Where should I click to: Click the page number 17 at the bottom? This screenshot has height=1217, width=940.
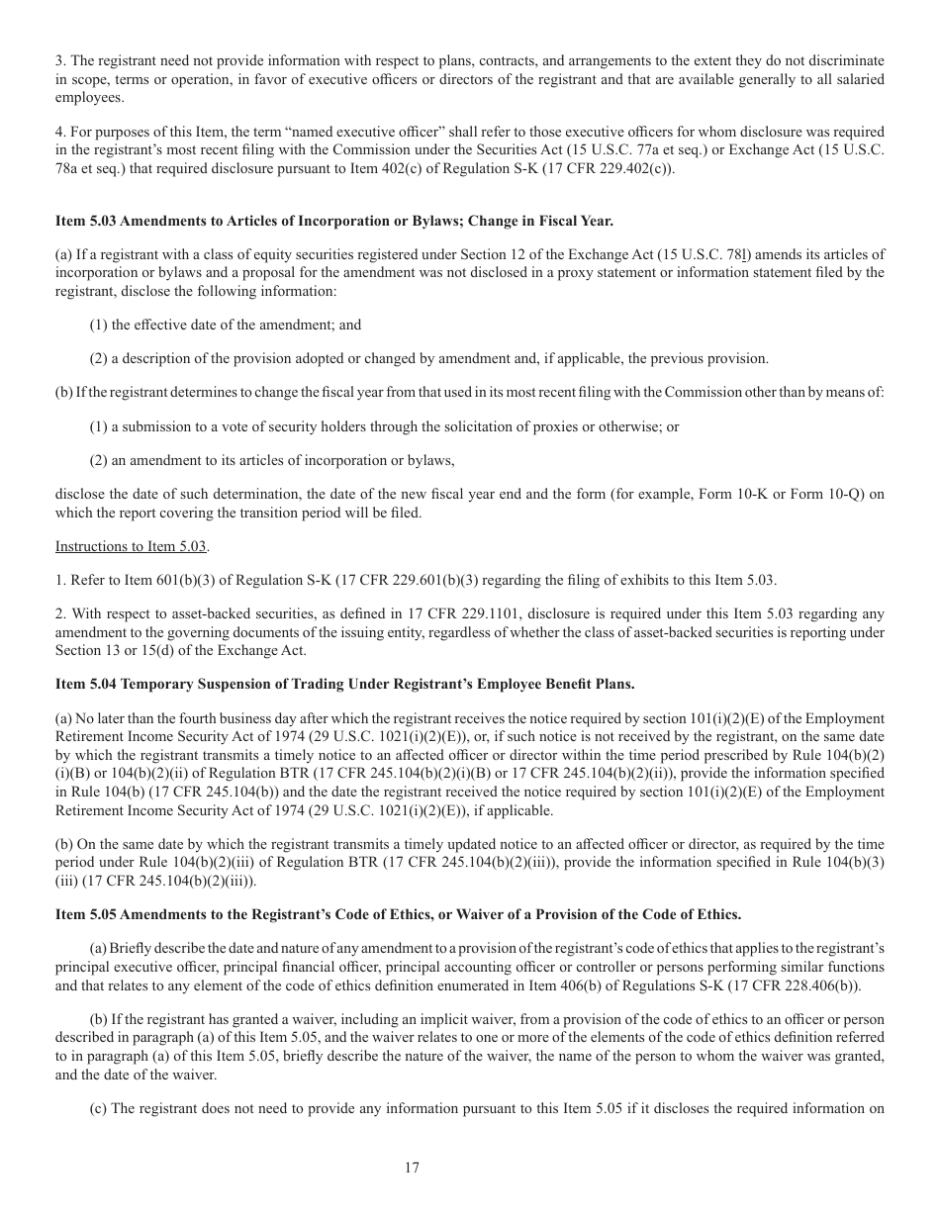(x=412, y=1168)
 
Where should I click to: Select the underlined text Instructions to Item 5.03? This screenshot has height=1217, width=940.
(x=132, y=546)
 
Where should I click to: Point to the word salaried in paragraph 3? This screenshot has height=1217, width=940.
(x=861, y=79)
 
